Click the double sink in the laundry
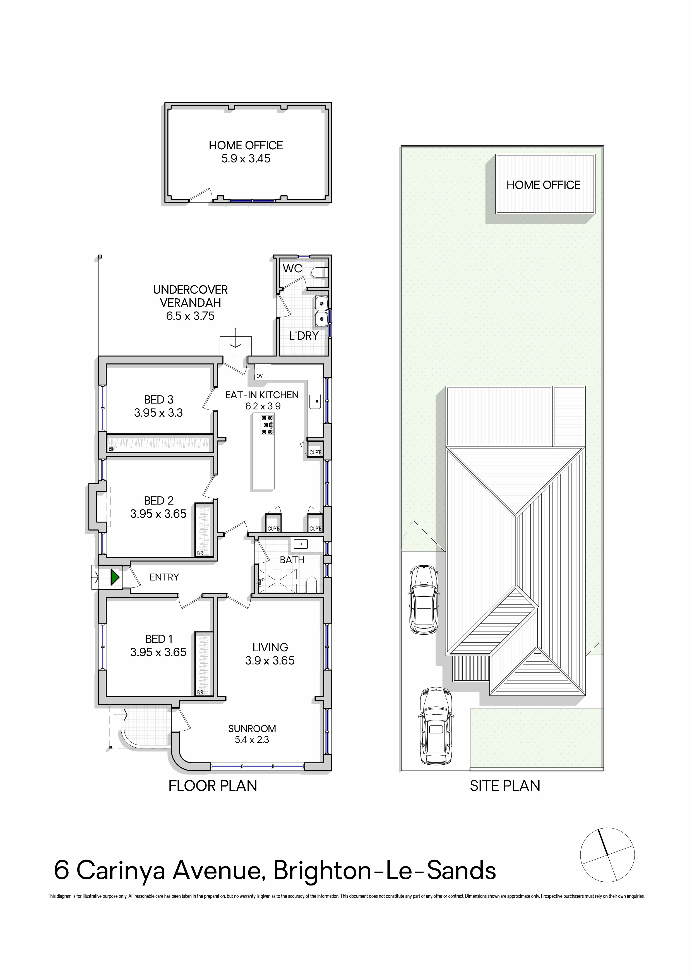point(321,310)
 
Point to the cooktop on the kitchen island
point(267,425)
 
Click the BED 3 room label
point(158,400)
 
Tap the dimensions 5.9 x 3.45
point(246,159)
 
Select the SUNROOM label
point(252,728)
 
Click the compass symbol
point(607,855)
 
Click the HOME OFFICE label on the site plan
point(544,185)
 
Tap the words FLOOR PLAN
point(213,785)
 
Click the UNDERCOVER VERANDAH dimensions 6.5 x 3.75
point(190,316)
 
